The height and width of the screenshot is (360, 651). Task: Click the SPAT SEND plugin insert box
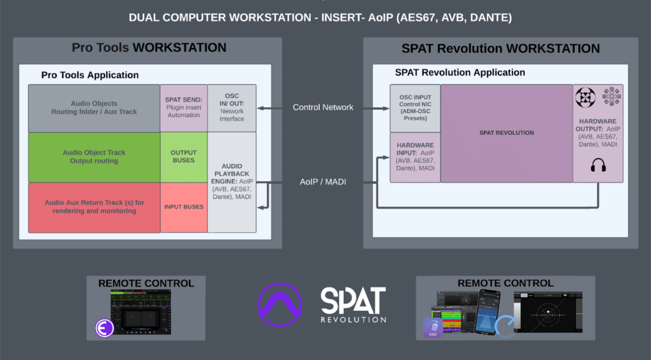coord(184,107)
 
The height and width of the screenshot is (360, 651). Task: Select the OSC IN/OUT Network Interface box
coord(231,107)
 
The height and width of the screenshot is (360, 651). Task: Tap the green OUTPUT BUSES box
coord(184,156)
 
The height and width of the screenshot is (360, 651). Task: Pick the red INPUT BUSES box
coord(184,207)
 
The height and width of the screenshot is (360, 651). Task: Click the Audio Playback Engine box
coord(231,181)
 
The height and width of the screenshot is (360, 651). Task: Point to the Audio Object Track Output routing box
coord(94,156)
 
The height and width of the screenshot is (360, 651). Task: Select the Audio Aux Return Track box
coord(94,207)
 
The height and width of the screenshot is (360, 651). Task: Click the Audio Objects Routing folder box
coord(94,107)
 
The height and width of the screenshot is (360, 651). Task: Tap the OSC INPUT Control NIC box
coord(415,107)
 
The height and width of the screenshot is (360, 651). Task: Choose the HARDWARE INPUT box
coord(415,158)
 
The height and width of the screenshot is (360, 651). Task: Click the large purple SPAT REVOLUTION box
coord(506,133)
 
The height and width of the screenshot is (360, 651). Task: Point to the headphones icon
coord(597,167)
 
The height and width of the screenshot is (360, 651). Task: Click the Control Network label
coord(323,107)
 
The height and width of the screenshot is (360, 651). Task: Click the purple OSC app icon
coord(433,328)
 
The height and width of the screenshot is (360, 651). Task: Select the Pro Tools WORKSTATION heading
coord(149,48)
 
